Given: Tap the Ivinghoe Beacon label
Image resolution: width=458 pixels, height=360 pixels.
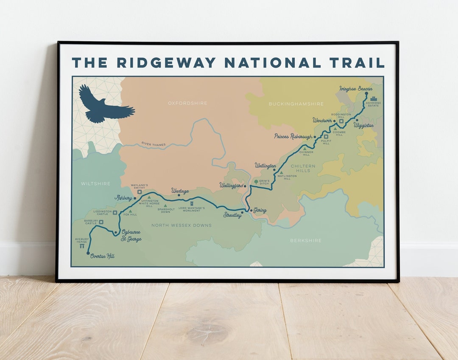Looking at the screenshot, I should (356, 89).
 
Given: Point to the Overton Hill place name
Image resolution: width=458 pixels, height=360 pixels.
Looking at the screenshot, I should (102, 256).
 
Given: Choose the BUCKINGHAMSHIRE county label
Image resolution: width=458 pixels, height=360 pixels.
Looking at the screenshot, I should (296, 104).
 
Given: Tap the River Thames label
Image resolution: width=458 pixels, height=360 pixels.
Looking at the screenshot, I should (154, 144).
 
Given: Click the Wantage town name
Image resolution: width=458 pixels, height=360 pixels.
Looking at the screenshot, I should (180, 191).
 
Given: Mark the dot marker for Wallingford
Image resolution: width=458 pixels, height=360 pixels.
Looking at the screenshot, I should (245, 186).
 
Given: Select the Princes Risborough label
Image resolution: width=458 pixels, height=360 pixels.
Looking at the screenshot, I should (293, 136).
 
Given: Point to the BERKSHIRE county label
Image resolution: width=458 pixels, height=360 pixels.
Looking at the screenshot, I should (306, 240).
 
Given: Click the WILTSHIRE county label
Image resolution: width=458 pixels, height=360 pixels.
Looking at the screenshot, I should (95, 184).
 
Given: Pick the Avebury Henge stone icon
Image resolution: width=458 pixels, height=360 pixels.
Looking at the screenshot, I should (82, 246).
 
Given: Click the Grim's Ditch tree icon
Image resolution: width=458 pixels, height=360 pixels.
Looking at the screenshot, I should (255, 182).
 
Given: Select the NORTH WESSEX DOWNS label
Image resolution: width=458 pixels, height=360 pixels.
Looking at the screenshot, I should (182, 225).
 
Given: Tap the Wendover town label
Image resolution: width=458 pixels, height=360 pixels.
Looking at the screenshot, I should (322, 121).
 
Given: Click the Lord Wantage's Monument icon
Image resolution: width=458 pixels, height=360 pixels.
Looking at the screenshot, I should (192, 204).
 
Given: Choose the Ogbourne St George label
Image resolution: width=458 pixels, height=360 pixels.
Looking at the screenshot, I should (131, 236).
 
